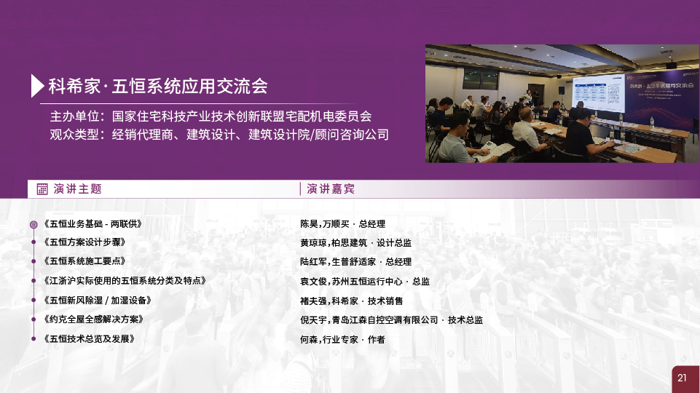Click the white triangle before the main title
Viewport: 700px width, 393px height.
[36, 86]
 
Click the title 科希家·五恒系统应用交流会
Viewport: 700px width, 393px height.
[158, 86]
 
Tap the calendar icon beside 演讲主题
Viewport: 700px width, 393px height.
[42, 189]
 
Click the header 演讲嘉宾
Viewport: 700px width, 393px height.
[331, 189]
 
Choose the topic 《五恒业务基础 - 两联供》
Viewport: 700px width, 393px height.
[93, 224]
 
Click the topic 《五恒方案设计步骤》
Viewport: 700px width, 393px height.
[84, 242]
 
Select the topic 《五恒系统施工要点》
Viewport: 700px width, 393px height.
[84, 261]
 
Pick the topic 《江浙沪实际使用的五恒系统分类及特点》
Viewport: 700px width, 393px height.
[125, 281]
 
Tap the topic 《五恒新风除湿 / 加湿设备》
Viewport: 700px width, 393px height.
[98, 301]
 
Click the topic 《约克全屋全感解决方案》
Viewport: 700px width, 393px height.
[93, 319]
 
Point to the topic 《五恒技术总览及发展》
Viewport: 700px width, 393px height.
[89, 338]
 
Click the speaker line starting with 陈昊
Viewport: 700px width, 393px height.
[342, 224]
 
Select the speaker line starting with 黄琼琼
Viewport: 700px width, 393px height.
[355, 242]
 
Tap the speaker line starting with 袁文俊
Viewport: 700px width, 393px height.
[365, 282]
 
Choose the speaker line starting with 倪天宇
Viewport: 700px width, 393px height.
[391, 319]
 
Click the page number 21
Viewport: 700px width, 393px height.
[682, 378]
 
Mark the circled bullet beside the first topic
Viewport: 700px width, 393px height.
[34, 224]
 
